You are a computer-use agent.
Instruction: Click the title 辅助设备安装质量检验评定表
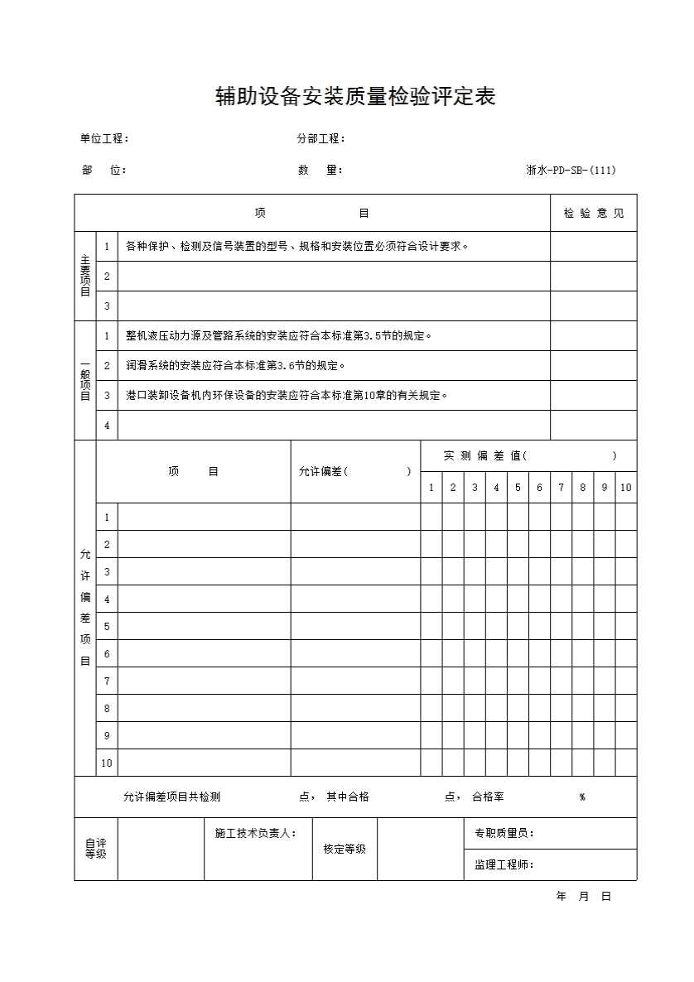pyautogui.click(x=355, y=98)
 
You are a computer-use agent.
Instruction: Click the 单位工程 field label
pyautogui.click(x=104, y=139)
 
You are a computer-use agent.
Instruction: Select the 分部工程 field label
pyautogui.click(x=320, y=139)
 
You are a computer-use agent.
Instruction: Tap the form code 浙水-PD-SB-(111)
pyautogui.click(x=571, y=171)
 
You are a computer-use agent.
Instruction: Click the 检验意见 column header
pyautogui.click(x=594, y=214)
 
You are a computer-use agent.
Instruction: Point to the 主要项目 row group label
pyautogui.click(x=85, y=276)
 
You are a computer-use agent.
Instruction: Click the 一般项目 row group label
pyautogui.click(x=85, y=380)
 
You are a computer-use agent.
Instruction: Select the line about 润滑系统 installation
pyautogui.click(x=235, y=365)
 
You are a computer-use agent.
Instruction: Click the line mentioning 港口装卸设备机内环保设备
pyautogui.click(x=287, y=395)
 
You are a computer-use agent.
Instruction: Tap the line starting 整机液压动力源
pyautogui.click(x=278, y=335)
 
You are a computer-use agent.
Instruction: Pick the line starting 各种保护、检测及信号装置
pyautogui.click(x=296, y=246)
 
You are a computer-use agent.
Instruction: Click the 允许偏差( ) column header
pyautogui.click(x=354, y=471)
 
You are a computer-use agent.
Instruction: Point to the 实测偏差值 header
pyautogui.click(x=530, y=455)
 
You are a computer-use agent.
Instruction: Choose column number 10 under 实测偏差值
pyautogui.click(x=625, y=488)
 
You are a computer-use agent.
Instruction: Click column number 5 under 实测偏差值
pyautogui.click(x=518, y=488)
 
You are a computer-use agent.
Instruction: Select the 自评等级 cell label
pyautogui.click(x=95, y=849)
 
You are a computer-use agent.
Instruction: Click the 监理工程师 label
pyautogui.click(x=504, y=865)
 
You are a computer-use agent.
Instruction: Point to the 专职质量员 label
pyautogui.click(x=504, y=834)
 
